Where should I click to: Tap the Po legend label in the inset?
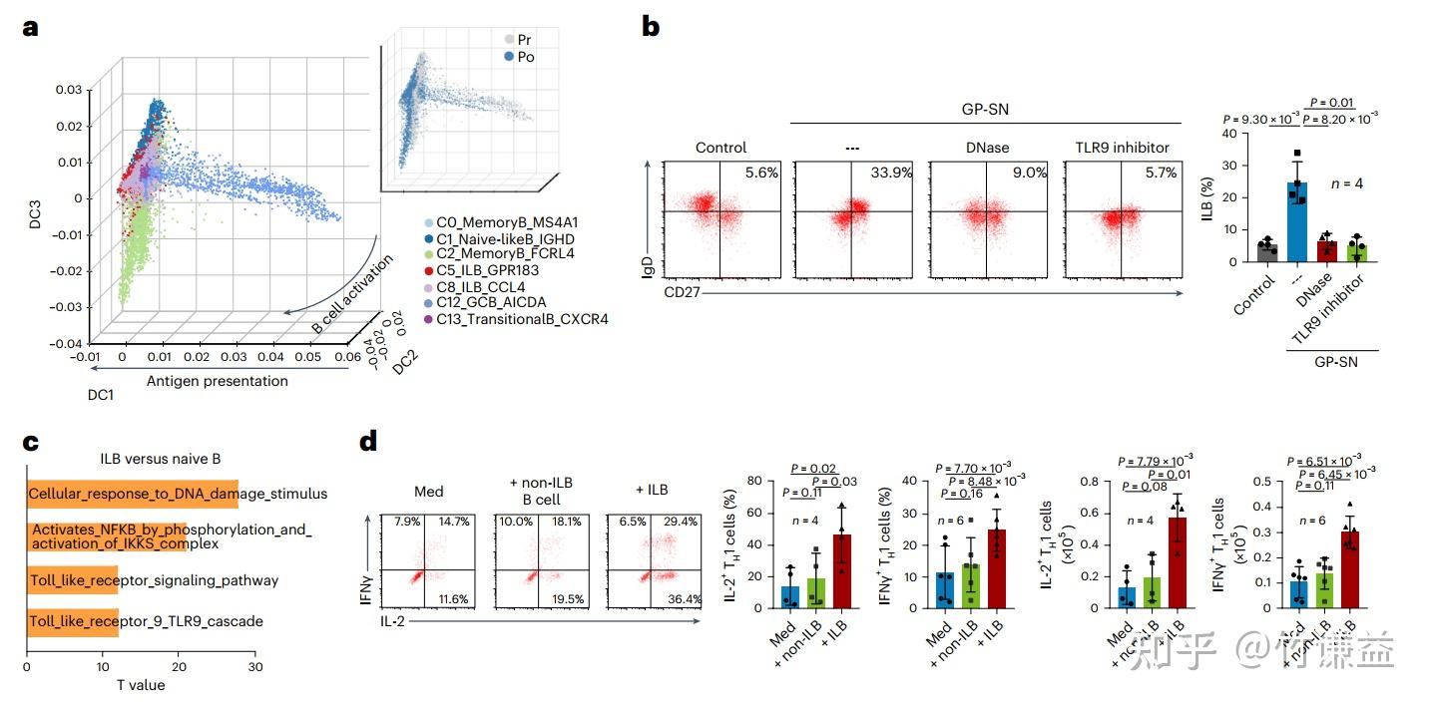525,57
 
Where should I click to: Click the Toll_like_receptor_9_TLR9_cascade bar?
73,621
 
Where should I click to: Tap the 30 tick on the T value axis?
256,666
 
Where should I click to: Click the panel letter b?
650,27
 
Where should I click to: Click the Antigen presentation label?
217,381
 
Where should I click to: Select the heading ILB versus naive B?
159,459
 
